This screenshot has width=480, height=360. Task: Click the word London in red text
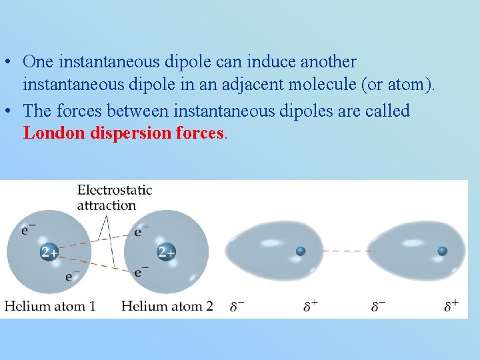tap(53, 133)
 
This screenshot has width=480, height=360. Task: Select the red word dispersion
tap(130, 133)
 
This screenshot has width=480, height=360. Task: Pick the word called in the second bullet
tap(387, 111)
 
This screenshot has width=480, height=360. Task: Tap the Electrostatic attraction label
tap(114, 197)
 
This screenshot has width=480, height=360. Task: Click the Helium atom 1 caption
tap(50, 307)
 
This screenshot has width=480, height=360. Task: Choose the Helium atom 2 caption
tap(167, 307)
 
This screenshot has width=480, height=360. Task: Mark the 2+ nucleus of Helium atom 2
tap(167, 252)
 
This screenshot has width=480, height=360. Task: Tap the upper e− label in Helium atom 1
tap(29, 229)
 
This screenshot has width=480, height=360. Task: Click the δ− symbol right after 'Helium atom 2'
tap(237, 307)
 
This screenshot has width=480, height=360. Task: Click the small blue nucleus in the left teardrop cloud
tap(301, 251)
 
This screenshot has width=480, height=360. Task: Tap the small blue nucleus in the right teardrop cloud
tap(442, 251)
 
